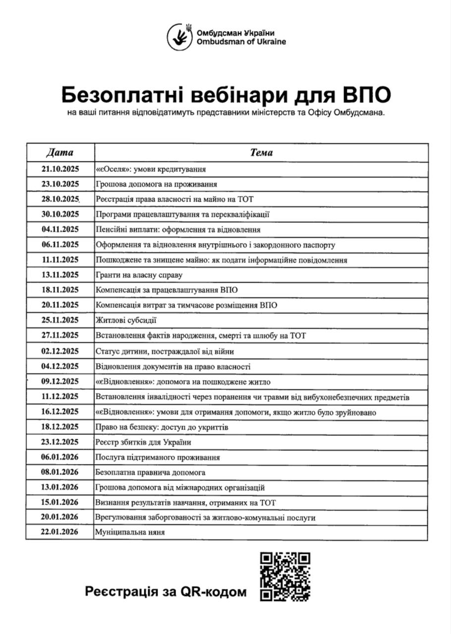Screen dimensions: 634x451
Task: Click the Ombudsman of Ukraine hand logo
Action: pyautogui.click(x=179, y=37)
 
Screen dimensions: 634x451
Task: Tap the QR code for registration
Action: pyautogui.click(x=285, y=576)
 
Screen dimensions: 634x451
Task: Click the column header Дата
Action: pyautogui.click(x=60, y=153)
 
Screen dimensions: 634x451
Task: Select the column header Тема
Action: pyautogui.click(x=261, y=153)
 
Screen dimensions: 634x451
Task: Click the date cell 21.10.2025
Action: pyautogui.click(x=60, y=169)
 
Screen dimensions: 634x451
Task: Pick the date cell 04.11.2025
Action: pyautogui.click(x=60, y=229)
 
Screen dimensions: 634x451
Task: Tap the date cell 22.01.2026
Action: pyautogui.click(x=60, y=532)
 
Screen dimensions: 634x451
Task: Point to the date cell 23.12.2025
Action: pyautogui.click(x=60, y=442)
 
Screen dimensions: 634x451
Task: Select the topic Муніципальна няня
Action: pyautogui.click(x=130, y=532)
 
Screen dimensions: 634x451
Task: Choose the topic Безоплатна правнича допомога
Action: pyautogui.click(x=150, y=472)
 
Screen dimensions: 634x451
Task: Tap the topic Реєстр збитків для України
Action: pyautogui.click(x=143, y=442)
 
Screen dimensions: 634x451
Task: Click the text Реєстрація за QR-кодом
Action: pyautogui.click(x=166, y=591)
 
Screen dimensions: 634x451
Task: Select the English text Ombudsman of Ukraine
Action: pyautogui.click(x=241, y=42)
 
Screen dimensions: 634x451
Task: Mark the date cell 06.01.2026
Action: pyautogui.click(x=60, y=457)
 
